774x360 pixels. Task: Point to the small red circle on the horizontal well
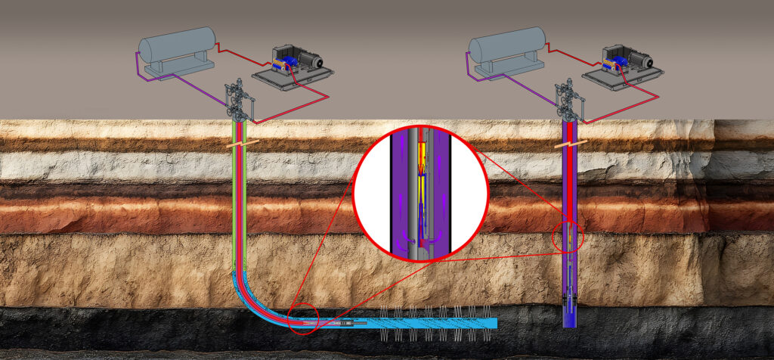(304, 319)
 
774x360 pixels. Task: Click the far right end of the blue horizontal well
(495, 324)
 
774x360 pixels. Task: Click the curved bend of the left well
(249, 299)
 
